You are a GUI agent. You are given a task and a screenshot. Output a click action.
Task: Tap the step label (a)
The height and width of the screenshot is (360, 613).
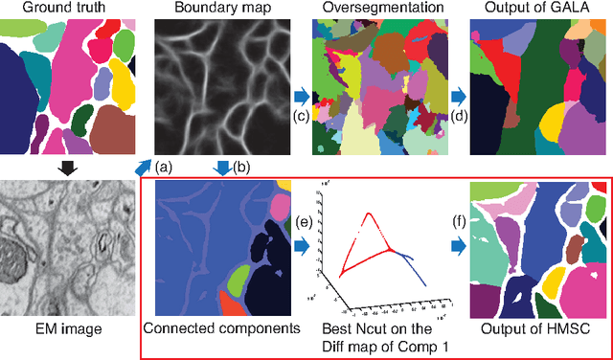(163, 168)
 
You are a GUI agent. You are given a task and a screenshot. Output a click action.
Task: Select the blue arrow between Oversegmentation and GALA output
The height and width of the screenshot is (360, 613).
(459, 97)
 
